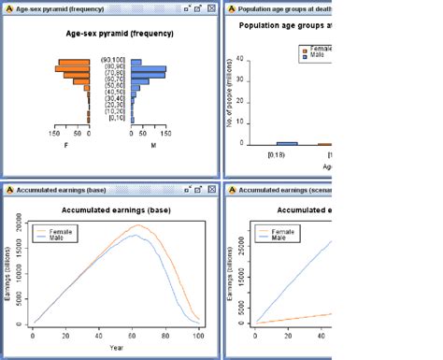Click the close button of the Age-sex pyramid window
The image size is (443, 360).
pyautogui.click(x=212, y=7)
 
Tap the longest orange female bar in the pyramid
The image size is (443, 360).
pyautogui.click(x=72, y=69)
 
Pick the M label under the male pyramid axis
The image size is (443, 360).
pyautogui.click(x=154, y=145)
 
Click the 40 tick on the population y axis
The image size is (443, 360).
pyautogui.click(x=241, y=59)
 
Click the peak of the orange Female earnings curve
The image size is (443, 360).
pyautogui.click(x=137, y=224)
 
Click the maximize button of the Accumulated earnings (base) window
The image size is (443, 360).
pyautogui.click(x=200, y=189)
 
